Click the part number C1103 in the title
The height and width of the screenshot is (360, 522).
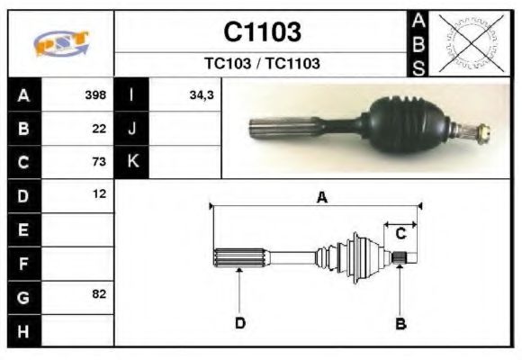click(x=262, y=32)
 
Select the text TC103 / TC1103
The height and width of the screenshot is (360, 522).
click(x=262, y=64)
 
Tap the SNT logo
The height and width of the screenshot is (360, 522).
click(x=61, y=44)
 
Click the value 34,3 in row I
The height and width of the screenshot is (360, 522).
click(x=201, y=94)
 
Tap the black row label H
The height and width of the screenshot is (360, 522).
click(x=23, y=330)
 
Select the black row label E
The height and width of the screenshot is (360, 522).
click(x=23, y=229)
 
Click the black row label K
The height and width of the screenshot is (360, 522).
click(x=132, y=162)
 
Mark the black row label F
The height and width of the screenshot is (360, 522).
click(x=23, y=263)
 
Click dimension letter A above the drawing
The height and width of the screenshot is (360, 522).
click(x=321, y=199)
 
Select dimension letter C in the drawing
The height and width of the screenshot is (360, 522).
click(x=401, y=233)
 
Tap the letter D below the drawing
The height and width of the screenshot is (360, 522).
click(x=240, y=323)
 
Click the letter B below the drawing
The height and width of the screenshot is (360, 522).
click(x=400, y=323)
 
